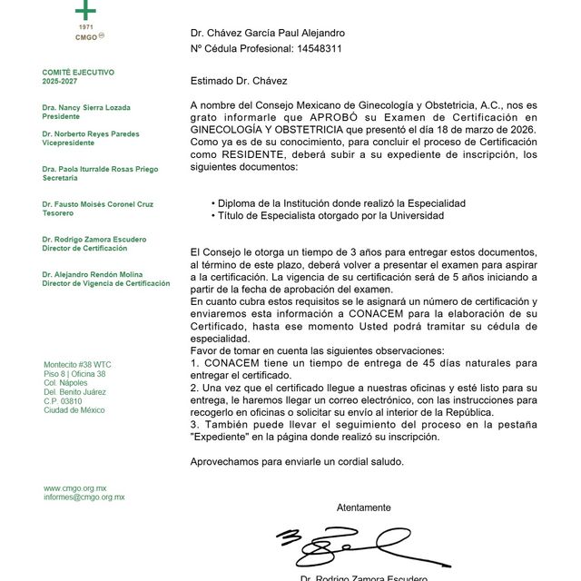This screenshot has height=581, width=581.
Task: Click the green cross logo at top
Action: pyautogui.click(x=84, y=10)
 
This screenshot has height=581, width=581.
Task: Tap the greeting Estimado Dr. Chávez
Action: pyautogui.click(x=238, y=81)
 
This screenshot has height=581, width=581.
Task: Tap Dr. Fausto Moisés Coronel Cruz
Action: pyautogui.click(x=98, y=204)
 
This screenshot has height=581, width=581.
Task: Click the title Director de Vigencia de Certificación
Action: pyautogui.click(x=105, y=283)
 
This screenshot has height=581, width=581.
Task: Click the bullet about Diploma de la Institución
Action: pyautogui.click(x=338, y=203)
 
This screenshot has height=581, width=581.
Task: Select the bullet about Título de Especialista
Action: pyautogui.click(x=327, y=216)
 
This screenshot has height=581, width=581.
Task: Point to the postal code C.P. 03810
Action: pyautogui.click(x=63, y=401)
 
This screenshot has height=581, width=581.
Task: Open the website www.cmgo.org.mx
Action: pyautogui.click(x=75, y=488)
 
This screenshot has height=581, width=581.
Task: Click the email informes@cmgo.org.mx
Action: pyautogui.click(x=84, y=497)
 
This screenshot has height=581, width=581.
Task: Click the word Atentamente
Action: pyautogui.click(x=363, y=507)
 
